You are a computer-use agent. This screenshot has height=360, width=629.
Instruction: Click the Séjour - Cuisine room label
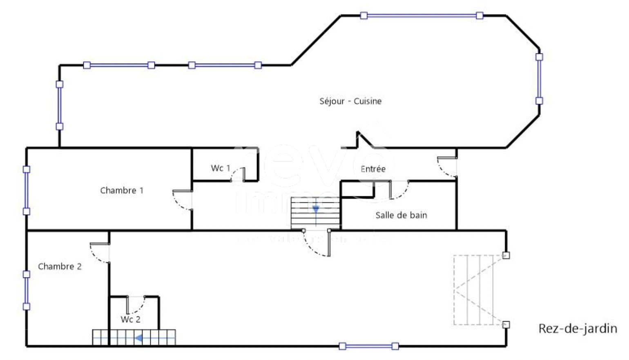350,101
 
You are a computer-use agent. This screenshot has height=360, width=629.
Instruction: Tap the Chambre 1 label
122,191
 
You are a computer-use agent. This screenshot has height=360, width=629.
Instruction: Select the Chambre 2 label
60,267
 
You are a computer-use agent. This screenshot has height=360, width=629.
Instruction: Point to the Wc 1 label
221,168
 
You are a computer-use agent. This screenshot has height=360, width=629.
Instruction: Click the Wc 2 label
131,320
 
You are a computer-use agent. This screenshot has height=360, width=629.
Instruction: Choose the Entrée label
373,169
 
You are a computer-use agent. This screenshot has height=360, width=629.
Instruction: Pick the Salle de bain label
401,215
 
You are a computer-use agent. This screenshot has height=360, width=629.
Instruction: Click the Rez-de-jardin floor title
578,329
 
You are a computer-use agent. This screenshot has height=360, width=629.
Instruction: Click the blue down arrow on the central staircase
316,210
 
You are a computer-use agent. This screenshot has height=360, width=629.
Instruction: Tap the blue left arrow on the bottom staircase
139,338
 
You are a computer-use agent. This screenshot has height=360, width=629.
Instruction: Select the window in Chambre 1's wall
27,191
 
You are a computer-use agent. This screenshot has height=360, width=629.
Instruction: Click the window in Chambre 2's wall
27,291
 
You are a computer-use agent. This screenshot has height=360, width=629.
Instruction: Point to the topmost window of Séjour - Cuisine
422,16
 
